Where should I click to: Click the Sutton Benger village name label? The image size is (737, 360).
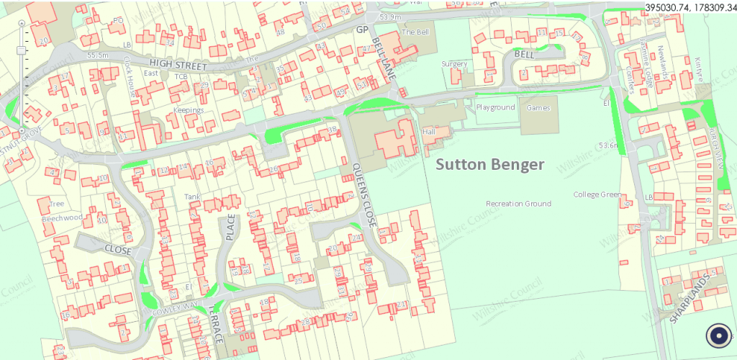pyautogui.click(x=489, y=165)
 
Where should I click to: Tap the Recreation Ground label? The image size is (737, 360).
pyautogui.click(x=518, y=204)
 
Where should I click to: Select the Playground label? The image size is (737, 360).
pyautogui.click(x=495, y=107)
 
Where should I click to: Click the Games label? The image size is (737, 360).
pyautogui.click(x=538, y=107)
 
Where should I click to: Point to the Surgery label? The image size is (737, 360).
pyautogui.click(x=454, y=64)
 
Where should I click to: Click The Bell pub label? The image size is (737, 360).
pyautogui.click(x=415, y=32)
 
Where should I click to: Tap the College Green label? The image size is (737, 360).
pyautogui.click(x=597, y=194)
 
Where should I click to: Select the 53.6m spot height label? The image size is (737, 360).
pyautogui.click(x=608, y=145)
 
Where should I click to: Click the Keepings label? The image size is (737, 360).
pyautogui.click(x=188, y=110)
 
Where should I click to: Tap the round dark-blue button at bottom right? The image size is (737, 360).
pyautogui.click(x=718, y=336)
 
